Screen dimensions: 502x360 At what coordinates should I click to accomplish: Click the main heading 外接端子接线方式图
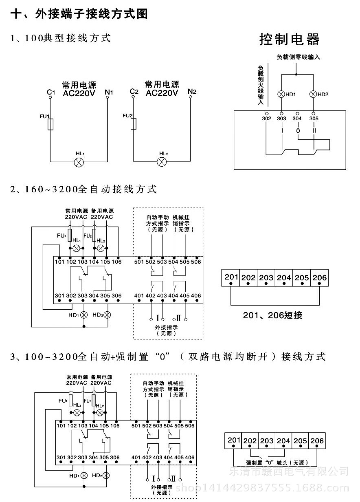click(x=79, y=14)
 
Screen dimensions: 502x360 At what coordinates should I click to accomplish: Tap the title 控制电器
click(x=290, y=40)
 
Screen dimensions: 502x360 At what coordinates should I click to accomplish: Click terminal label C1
click(x=50, y=93)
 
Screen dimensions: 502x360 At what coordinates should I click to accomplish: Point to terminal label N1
click(x=109, y=92)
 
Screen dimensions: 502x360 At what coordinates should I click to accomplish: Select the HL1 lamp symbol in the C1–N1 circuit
click(x=79, y=162)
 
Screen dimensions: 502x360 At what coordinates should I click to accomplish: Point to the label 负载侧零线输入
click(x=298, y=57)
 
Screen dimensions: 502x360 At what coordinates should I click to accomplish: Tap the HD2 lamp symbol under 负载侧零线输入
click(x=313, y=95)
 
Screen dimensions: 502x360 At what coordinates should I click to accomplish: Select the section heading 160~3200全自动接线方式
click(x=83, y=189)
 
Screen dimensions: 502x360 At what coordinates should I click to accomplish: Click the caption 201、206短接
click(x=272, y=315)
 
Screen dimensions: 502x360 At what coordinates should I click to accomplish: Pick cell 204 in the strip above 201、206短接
click(x=284, y=277)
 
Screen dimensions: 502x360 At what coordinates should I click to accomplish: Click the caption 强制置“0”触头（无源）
click(x=277, y=463)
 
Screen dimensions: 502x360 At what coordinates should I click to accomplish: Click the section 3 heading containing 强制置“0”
click(x=168, y=357)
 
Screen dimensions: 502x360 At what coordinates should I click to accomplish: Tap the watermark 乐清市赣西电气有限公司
click(x=289, y=472)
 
